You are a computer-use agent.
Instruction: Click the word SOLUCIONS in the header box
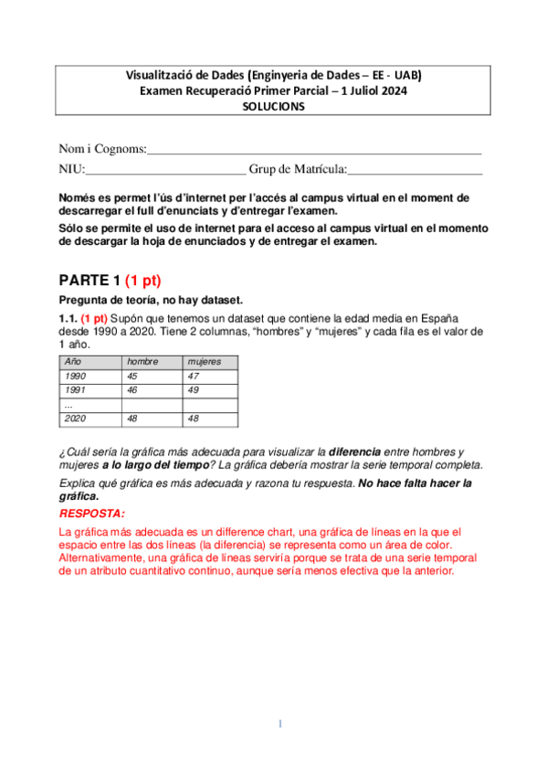click(273, 105)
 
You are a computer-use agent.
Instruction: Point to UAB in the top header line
click(407, 75)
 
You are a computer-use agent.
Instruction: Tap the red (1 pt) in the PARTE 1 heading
click(142, 280)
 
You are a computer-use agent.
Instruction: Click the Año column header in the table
click(72, 362)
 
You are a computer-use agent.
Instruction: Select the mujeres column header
click(204, 362)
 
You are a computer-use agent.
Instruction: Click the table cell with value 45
click(133, 376)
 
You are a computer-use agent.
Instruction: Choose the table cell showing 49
click(193, 389)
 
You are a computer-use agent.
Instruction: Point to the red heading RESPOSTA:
click(91, 514)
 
